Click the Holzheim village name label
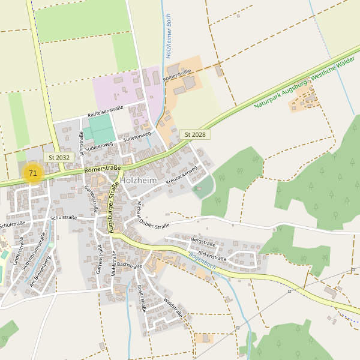(x=139, y=179)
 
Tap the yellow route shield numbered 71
(x=33, y=173)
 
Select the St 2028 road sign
(x=195, y=134)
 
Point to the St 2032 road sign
(x=59, y=157)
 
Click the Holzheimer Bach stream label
(x=169, y=36)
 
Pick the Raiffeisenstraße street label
(x=106, y=111)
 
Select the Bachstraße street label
(x=129, y=265)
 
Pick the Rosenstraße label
(x=142, y=298)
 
